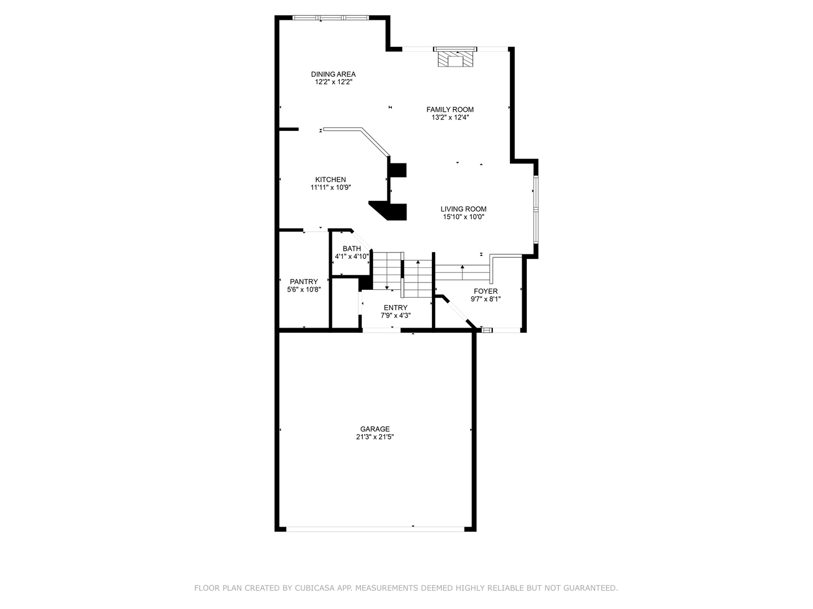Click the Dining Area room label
tap(333, 74)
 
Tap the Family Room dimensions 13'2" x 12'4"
tap(450, 118)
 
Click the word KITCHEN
tap(330, 180)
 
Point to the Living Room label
tap(464, 209)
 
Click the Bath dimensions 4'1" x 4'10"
tap(351, 257)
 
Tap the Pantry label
tap(304, 282)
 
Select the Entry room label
tap(395, 308)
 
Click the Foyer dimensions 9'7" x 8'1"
tap(486, 299)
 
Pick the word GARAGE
tap(375, 429)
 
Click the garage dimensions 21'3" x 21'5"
tap(375, 437)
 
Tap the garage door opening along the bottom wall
tap(375, 528)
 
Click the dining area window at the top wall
tap(331, 17)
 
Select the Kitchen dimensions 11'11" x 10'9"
tap(330, 188)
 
